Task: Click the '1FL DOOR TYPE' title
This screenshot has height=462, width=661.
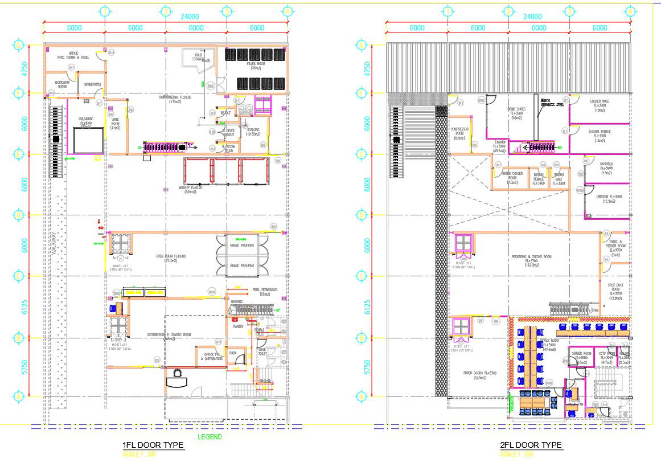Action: tap(152, 445)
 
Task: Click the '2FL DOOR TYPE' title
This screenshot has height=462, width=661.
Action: tap(531, 445)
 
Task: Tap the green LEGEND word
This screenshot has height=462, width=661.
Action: tap(210, 437)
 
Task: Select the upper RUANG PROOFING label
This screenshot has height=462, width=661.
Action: tap(241, 246)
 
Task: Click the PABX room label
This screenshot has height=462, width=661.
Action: tap(233, 353)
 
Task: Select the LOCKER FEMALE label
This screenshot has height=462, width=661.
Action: tap(602, 136)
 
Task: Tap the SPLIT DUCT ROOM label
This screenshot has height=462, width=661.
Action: tap(615, 291)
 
